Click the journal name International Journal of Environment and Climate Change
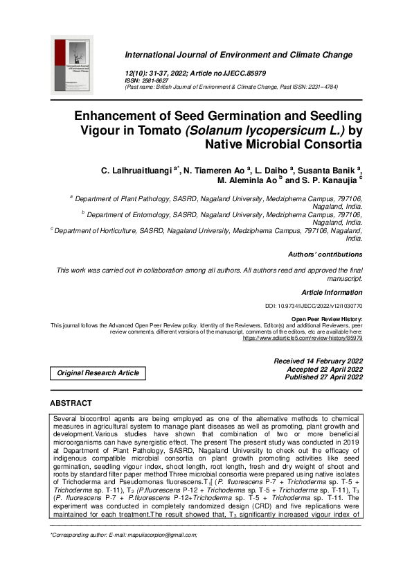[x=238, y=55]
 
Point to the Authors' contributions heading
[x=325, y=255]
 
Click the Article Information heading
[x=332, y=293]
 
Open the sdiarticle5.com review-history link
[x=302, y=338]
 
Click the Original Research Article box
[x=98, y=373]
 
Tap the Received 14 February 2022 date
[x=318, y=361]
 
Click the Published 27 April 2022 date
[x=318, y=377]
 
